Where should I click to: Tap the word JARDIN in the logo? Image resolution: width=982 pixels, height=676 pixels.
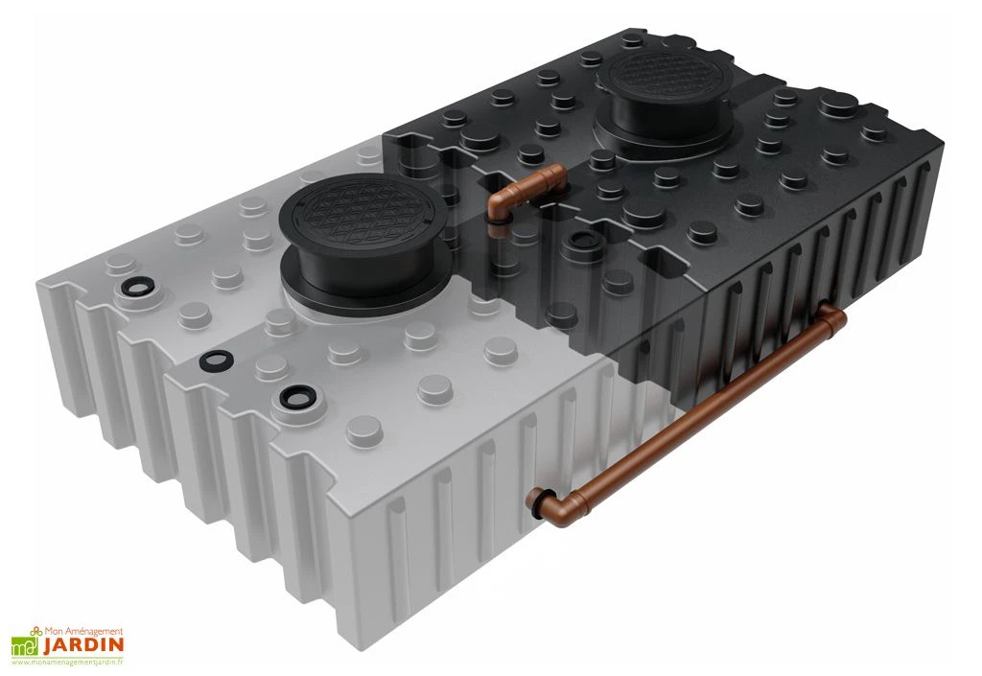(82, 645)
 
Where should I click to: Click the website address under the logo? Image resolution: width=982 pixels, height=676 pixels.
(68, 662)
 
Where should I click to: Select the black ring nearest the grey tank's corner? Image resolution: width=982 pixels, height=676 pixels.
(295, 395)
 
